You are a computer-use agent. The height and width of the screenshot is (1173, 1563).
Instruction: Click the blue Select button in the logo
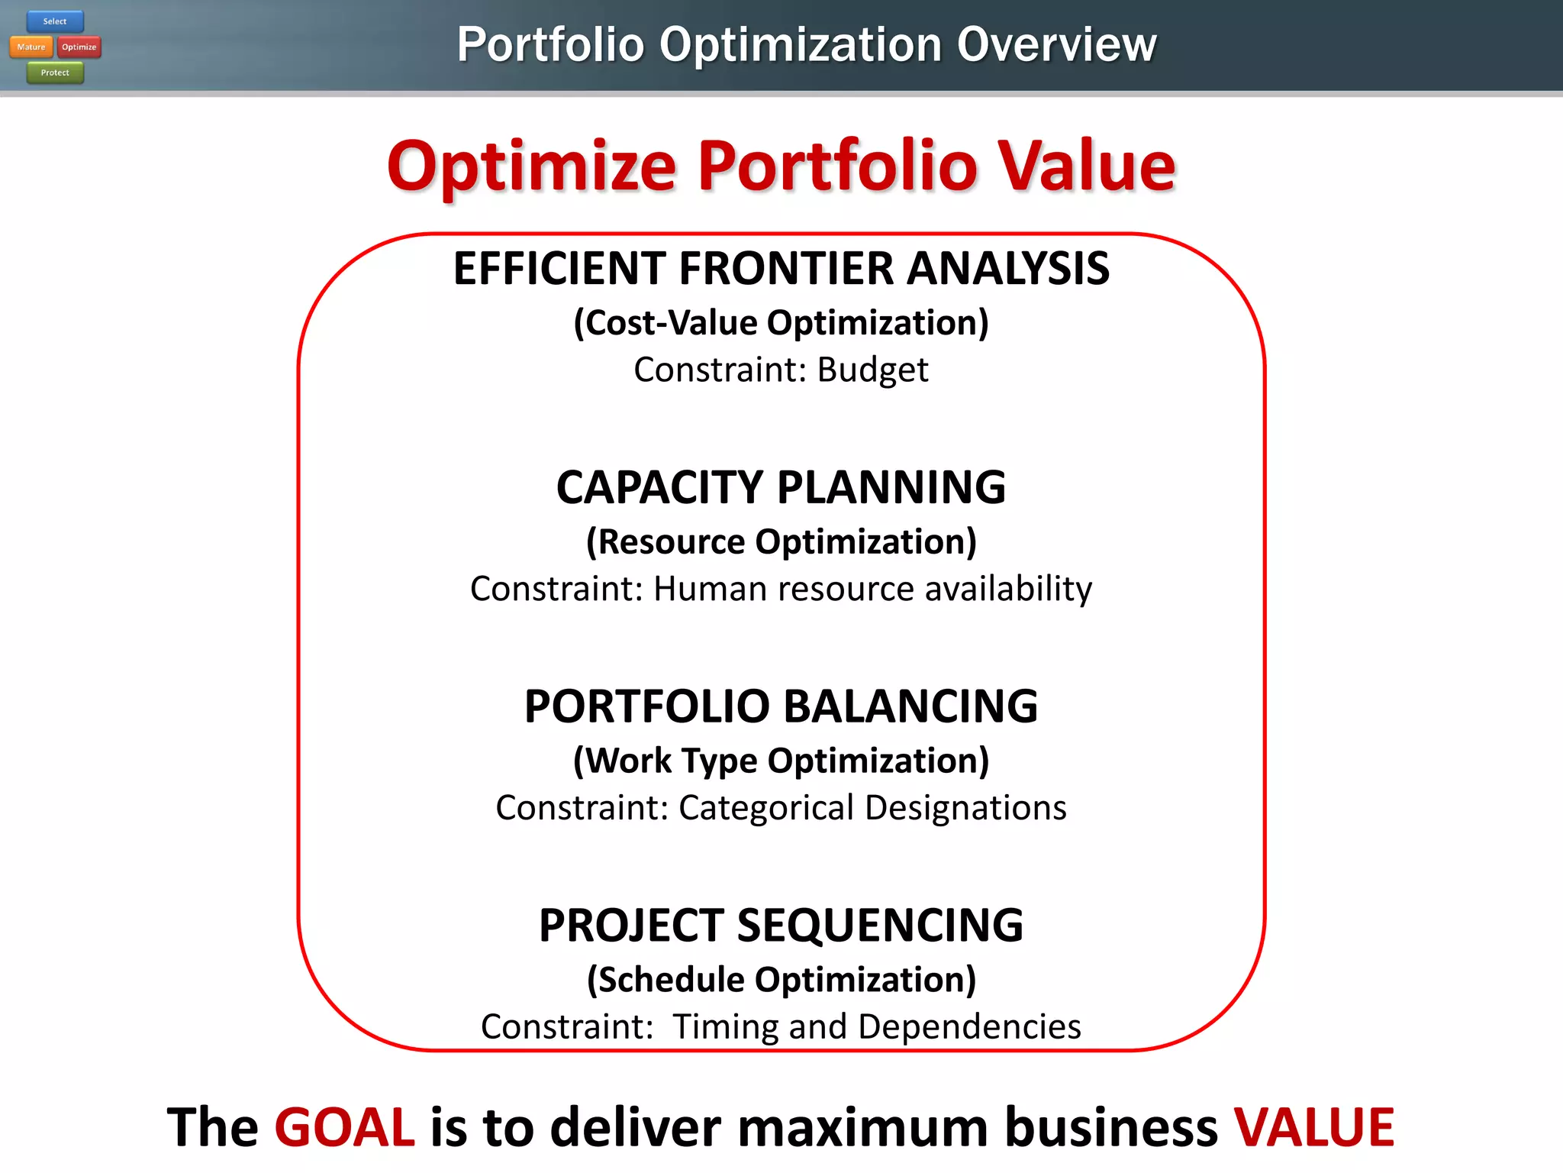click(x=55, y=21)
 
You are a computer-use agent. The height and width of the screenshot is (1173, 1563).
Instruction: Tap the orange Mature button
click(x=31, y=47)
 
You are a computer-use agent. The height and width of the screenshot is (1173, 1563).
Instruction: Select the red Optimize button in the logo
click(x=79, y=47)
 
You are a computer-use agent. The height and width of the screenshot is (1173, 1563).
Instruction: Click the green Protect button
click(x=55, y=73)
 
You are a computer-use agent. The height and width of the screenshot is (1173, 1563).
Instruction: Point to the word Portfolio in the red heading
click(x=837, y=166)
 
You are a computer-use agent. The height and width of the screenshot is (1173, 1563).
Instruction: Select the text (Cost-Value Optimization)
click(x=781, y=323)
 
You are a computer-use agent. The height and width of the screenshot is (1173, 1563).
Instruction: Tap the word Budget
click(x=872, y=370)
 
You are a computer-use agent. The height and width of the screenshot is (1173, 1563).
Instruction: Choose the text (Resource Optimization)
click(x=781, y=542)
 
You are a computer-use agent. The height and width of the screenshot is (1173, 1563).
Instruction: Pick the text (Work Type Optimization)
click(x=781, y=761)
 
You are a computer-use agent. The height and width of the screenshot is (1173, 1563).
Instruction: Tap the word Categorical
click(x=765, y=809)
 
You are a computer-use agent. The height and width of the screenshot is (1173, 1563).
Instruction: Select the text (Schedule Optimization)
click(x=781, y=980)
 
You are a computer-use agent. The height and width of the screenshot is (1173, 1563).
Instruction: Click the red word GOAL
click(x=344, y=1128)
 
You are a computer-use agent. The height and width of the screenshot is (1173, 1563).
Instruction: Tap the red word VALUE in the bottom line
click(x=1314, y=1128)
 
